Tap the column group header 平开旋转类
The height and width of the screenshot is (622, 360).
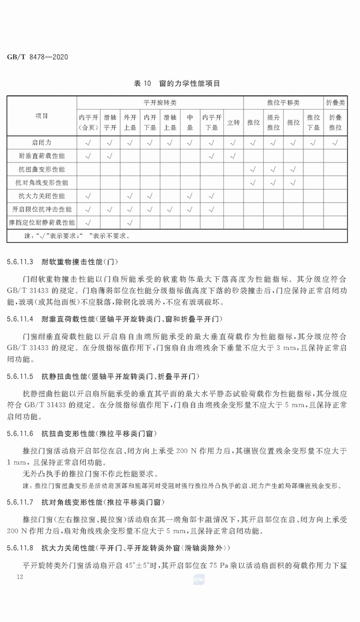click(x=160, y=102)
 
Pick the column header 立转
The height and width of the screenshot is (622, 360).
click(x=233, y=122)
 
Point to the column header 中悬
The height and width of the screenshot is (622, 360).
click(x=190, y=122)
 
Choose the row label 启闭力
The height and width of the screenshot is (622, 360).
click(x=42, y=142)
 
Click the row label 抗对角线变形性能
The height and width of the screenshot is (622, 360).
click(x=42, y=182)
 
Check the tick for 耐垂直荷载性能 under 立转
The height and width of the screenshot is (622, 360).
click(x=233, y=156)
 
